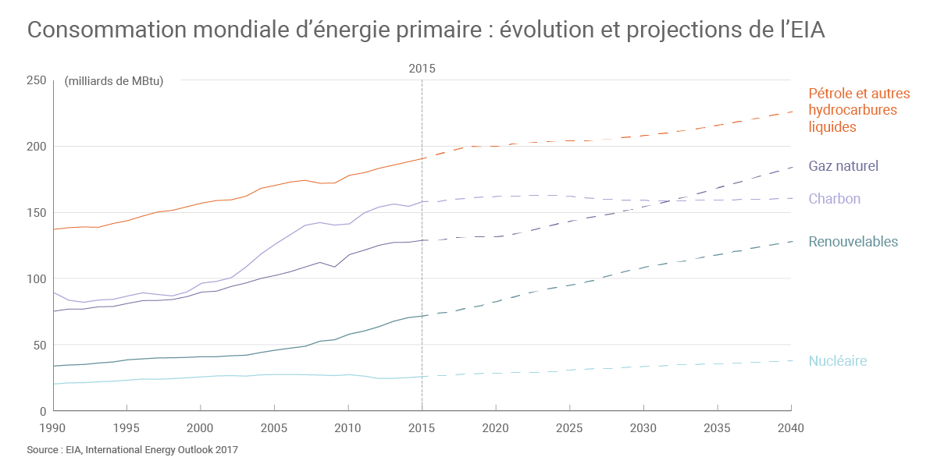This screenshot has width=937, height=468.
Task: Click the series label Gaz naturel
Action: [843, 166]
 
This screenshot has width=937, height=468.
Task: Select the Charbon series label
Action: [834, 199]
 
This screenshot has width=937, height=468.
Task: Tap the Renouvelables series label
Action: [853, 242]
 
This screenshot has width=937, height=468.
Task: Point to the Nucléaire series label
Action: [837, 361]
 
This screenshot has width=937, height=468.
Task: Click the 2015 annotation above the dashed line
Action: [422, 69]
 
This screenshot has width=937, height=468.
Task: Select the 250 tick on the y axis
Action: [36, 80]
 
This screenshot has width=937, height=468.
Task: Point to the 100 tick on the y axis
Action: [36, 279]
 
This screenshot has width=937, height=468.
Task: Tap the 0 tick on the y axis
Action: [43, 411]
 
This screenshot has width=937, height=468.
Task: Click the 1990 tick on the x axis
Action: [53, 427]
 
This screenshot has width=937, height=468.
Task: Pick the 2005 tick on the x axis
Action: [274, 427]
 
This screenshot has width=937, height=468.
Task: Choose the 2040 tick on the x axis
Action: [791, 427]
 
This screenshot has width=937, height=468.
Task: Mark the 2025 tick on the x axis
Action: [569, 427]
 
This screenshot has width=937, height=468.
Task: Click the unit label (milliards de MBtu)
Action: [114, 81]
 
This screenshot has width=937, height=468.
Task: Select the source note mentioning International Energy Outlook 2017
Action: [132, 450]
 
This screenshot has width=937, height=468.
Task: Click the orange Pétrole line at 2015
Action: [422, 158]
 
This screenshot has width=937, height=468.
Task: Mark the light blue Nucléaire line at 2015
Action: [422, 377]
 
